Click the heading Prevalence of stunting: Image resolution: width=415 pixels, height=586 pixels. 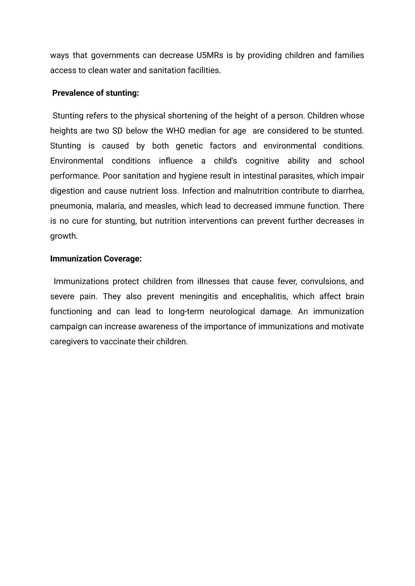click(x=95, y=93)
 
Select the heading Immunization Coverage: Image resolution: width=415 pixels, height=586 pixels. click(x=96, y=259)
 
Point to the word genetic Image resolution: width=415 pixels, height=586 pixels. click(x=189, y=146)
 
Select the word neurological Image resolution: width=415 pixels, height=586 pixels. click(x=232, y=312)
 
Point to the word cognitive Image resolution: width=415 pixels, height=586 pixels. click(x=262, y=161)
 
